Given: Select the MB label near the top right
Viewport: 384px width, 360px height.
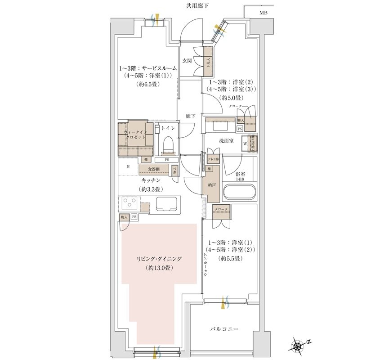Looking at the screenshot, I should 263,13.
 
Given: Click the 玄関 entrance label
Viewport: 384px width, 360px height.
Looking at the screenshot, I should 187,60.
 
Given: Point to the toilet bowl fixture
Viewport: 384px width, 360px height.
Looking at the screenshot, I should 168,144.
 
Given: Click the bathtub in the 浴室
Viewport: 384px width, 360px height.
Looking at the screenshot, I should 239,192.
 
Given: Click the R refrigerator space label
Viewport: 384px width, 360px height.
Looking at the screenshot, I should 129,166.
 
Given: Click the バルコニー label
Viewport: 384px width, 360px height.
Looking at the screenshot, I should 223,329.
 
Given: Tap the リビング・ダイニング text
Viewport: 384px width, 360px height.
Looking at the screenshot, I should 160,259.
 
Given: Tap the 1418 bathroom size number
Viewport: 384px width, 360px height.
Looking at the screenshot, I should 239,179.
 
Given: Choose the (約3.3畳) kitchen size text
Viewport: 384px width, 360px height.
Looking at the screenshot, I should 152,189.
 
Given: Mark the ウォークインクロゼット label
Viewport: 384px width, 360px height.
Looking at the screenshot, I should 134,135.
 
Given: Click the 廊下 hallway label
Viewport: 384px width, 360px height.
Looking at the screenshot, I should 190,116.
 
